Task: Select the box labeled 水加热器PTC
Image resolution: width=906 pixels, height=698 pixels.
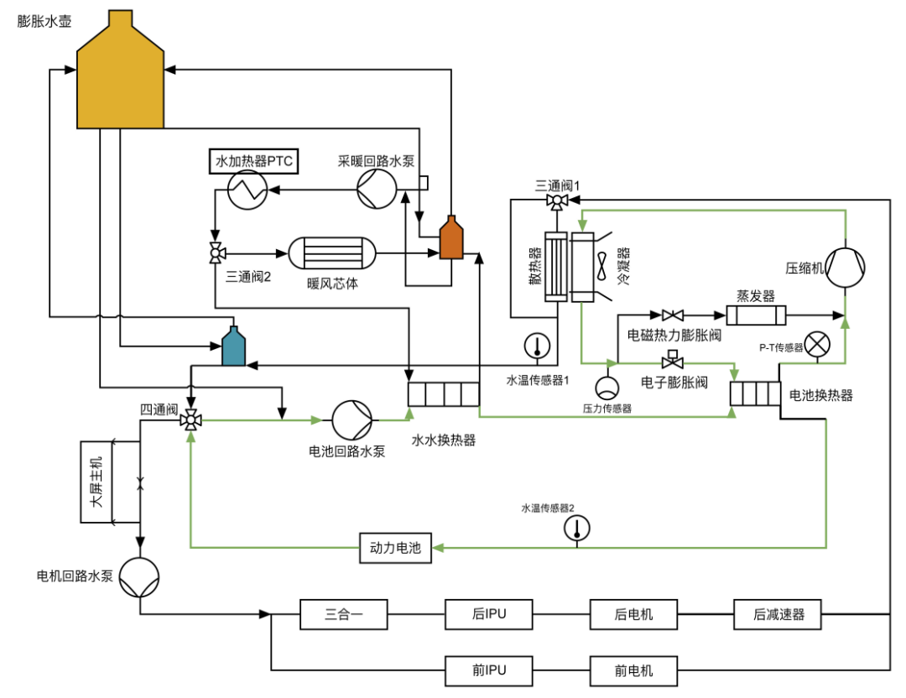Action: (254, 160)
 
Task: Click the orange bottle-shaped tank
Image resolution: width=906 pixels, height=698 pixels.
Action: (451, 240)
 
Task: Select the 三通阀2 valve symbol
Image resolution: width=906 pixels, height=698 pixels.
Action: (215, 252)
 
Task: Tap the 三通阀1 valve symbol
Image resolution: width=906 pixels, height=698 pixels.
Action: (556, 201)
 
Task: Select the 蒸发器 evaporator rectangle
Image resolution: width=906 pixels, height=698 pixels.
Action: (756, 316)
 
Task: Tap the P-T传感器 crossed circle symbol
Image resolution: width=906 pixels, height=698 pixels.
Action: (816, 345)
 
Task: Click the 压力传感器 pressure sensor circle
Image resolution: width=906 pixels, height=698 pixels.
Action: (606, 388)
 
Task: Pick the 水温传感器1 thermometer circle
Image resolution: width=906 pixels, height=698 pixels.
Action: (535, 345)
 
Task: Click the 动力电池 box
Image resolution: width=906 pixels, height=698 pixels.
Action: (395, 549)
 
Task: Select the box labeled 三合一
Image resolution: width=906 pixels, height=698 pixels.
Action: (343, 614)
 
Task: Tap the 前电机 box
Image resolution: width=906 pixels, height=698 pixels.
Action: (633, 671)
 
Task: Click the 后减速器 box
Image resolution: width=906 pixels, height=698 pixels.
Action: (779, 614)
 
